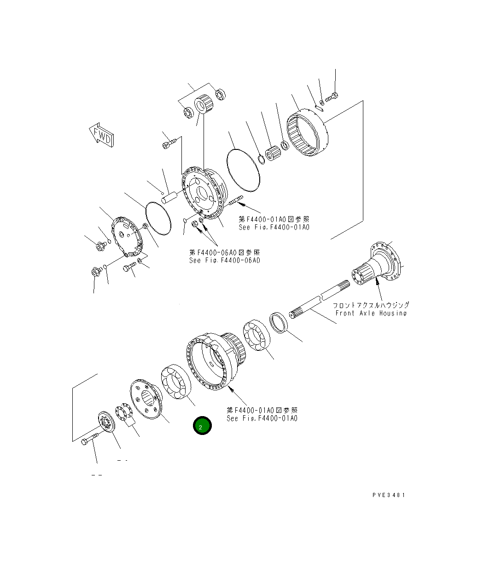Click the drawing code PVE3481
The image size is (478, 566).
pyautogui.click(x=389, y=495)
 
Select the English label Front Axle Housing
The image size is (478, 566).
pyautogui.click(x=371, y=313)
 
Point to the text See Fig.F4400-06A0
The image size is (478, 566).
pyautogui.click(x=225, y=260)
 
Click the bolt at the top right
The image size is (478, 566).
pyautogui.click(x=332, y=97)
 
